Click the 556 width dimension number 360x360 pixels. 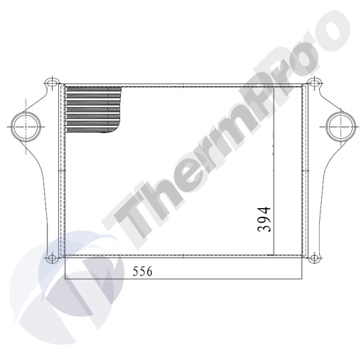click(x=143, y=271)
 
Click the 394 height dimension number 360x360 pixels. click(x=264, y=219)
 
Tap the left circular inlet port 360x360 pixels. click(x=24, y=126)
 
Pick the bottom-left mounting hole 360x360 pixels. click(x=50, y=258)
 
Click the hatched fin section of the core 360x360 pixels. click(x=93, y=109)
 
